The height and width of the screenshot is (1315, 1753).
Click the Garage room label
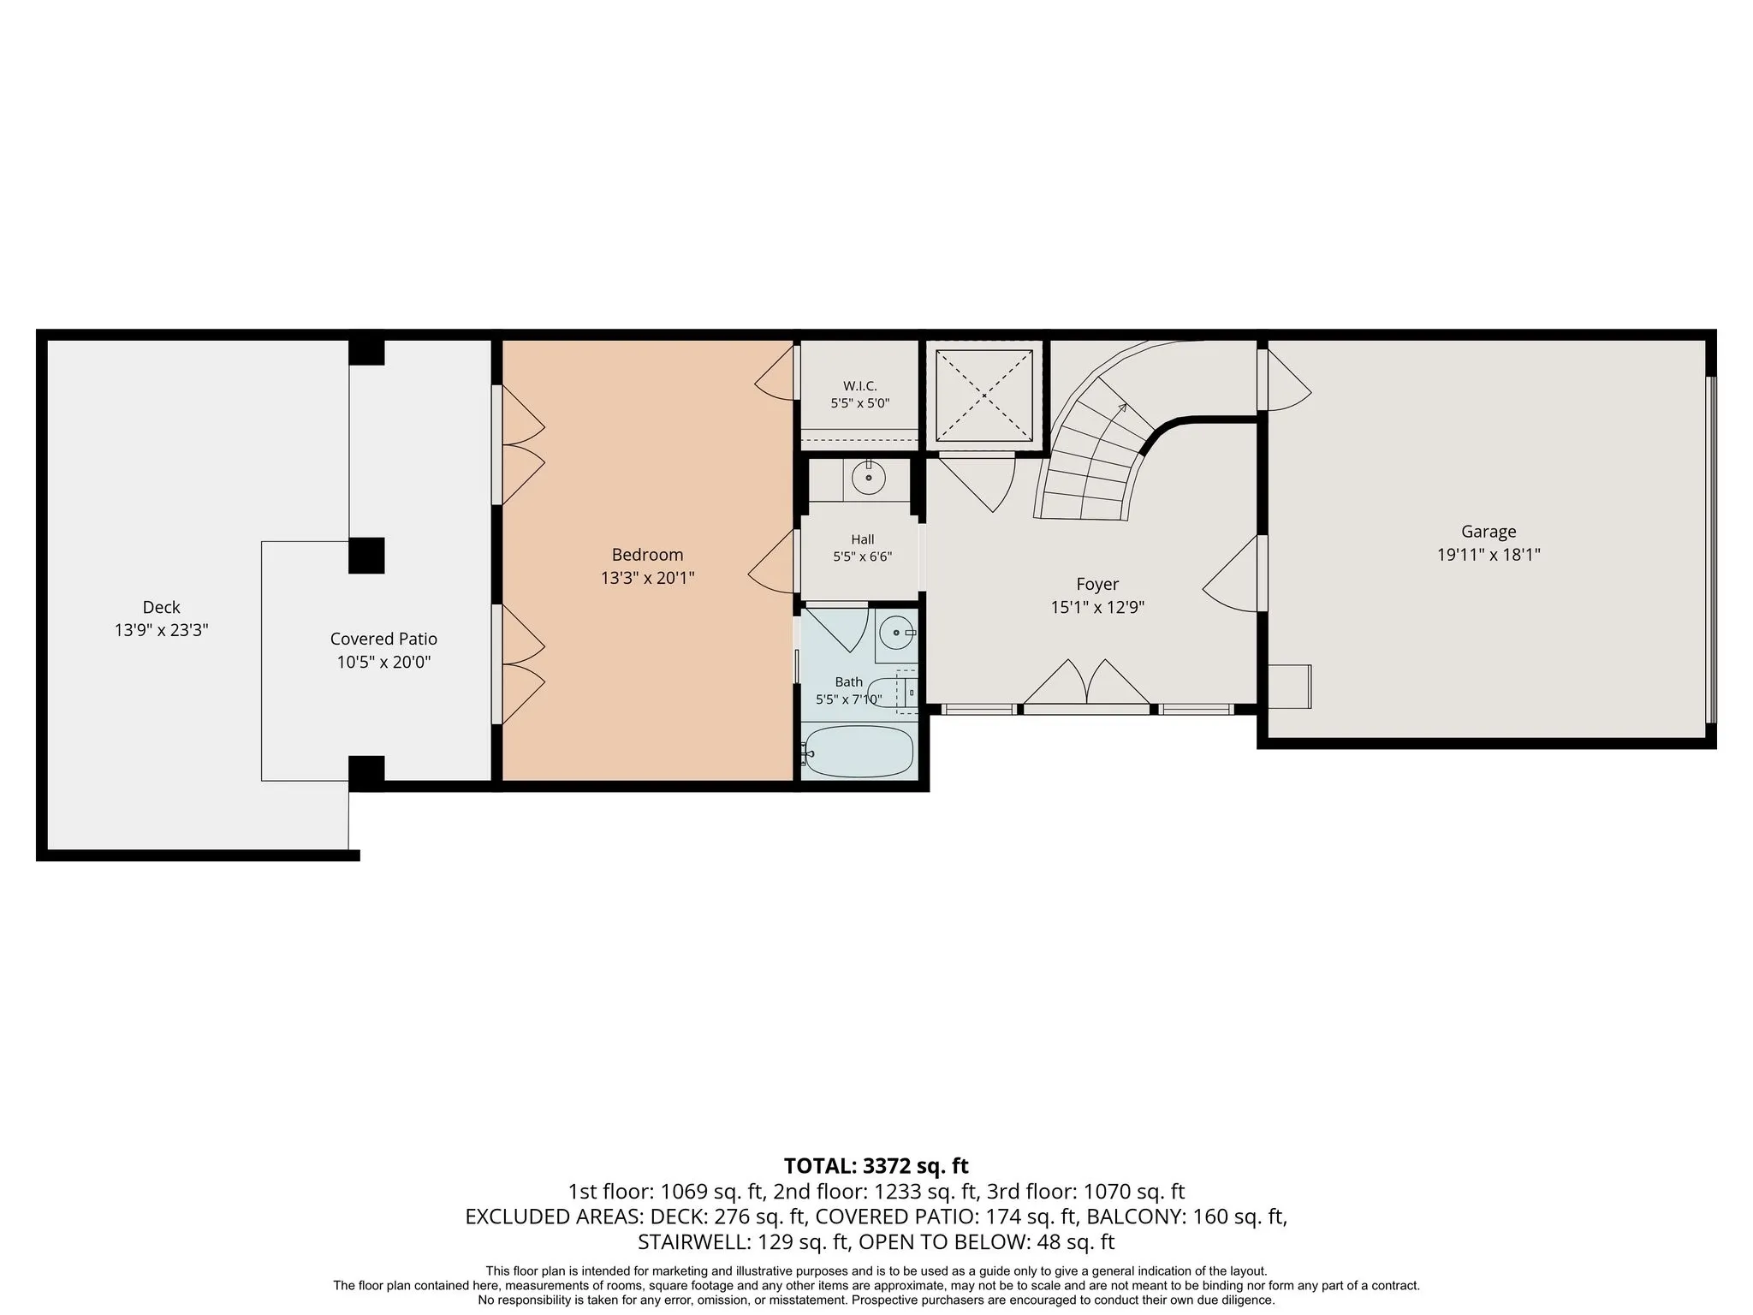[x=1489, y=532]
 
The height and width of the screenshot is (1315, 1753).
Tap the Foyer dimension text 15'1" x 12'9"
[x=1097, y=608]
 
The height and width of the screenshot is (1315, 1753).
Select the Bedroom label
[x=647, y=555]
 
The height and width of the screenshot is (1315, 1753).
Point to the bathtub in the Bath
[x=859, y=751]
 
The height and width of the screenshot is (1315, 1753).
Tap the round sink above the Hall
[x=869, y=477]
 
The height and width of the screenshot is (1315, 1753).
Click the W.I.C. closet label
[x=859, y=386]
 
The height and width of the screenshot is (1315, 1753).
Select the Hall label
[x=863, y=539]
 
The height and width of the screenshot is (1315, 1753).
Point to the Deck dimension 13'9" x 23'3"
[x=162, y=631]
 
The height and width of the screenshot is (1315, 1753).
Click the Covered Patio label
[x=383, y=639]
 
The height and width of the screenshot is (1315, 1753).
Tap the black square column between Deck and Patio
[x=366, y=556]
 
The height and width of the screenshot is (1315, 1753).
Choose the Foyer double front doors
[x=1086, y=683]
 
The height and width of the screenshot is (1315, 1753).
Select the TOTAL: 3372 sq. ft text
[x=876, y=1166]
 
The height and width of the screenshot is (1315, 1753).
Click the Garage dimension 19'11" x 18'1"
[x=1489, y=555]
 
